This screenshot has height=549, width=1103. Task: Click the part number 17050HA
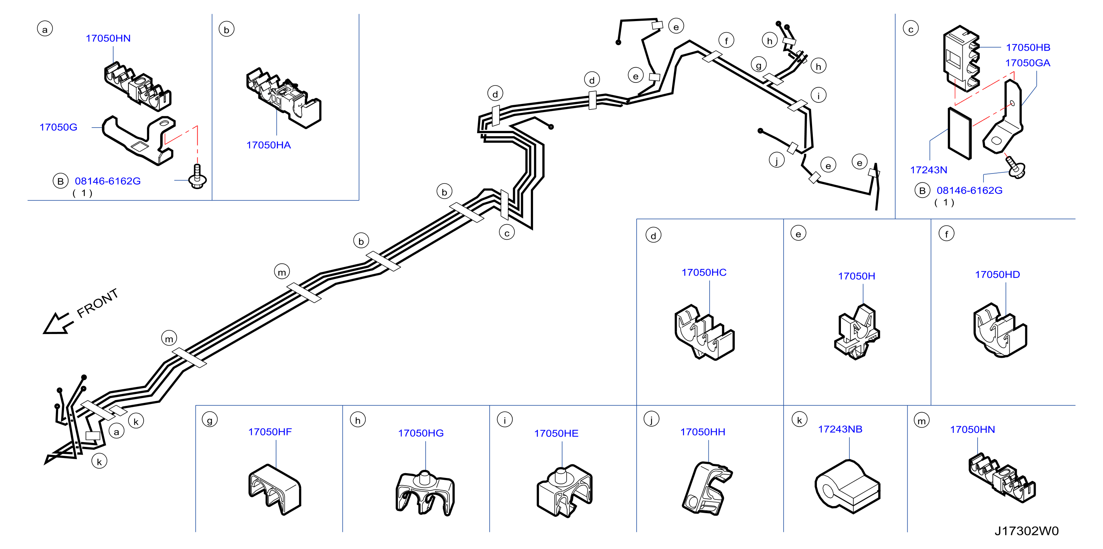(x=268, y=145)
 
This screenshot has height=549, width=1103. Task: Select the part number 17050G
(x=58, y=127)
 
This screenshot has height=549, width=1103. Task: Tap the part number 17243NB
(x=840, y=429)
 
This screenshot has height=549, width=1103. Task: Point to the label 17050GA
(x=1027, y=63)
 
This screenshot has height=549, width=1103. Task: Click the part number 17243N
(x=928, y=170)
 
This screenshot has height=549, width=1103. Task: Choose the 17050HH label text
(x=703, y=432)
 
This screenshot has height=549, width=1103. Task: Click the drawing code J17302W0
(x=1026, y=531)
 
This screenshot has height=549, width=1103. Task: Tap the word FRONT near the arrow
(x=97, y=303)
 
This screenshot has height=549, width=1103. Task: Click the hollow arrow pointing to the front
(x=58, y=323)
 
